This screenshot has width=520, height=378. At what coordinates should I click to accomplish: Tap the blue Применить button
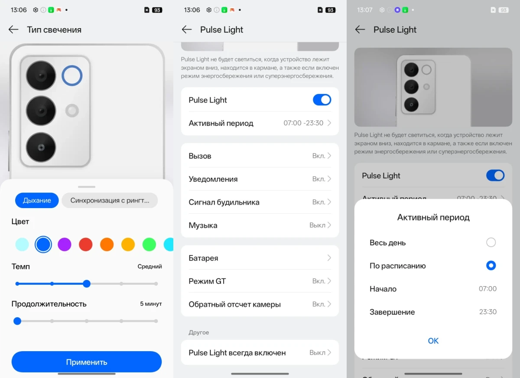tap(87, 362)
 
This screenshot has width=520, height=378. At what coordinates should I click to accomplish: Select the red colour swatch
tap(86, 244)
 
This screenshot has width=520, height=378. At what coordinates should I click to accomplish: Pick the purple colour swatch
tap(65, 244)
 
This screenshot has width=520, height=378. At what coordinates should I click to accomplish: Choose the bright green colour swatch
tap(149, 244)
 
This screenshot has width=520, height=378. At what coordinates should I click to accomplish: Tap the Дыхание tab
tap(37, 200)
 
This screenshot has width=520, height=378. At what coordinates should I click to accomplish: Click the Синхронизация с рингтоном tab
tap(110, 200)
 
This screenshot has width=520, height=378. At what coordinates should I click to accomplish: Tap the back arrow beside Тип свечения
tap(13, 29)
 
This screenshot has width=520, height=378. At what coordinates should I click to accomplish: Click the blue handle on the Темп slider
tap(87, 284)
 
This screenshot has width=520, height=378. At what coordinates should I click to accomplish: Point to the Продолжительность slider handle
tap(17, 321)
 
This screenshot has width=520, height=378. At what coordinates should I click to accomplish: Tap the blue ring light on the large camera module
tap(72, 76)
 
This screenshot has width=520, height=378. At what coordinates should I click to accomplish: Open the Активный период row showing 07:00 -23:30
tap(260, 123)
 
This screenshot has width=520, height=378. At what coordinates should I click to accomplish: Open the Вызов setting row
tap(260, 156)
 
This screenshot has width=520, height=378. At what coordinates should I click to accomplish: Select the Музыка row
tap(260, 225)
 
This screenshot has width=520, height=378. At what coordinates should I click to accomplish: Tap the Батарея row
tap(260, 258)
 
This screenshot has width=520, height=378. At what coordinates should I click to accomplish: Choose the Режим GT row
tap(260, 281)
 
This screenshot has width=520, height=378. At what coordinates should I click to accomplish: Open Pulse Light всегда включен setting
tap(260, 352)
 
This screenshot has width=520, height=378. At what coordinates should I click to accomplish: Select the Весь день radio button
tap(491, 242)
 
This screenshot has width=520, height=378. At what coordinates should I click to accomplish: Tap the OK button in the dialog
tap(433, 341)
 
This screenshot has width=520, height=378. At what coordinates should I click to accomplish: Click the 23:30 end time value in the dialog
tap(487, 312)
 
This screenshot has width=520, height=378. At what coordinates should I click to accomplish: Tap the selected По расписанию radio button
tap(491, 265)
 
